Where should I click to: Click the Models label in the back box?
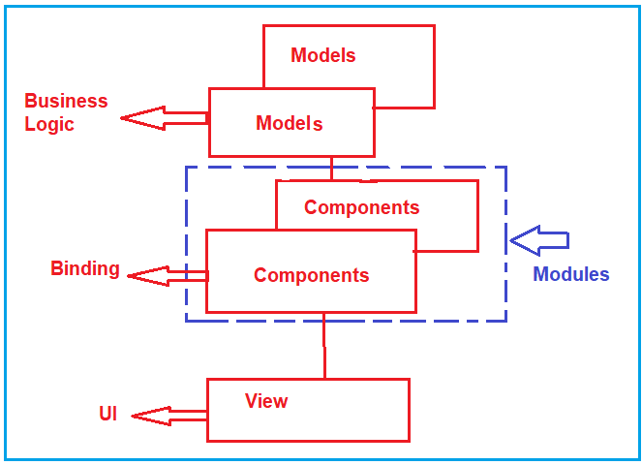coord(322,55)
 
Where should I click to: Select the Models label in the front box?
coord(289,123)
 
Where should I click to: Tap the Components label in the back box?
coord(361,207)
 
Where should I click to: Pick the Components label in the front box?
coord(311,275)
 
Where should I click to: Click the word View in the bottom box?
coord(266,400)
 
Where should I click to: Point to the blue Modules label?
coord(571,274)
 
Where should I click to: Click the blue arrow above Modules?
coord(539,239)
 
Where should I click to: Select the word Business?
coord(66,101)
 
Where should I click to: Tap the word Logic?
coord(48,124)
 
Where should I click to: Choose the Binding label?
coord(85,268)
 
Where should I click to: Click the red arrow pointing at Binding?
coord(167,276)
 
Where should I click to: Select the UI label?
coord(107,414)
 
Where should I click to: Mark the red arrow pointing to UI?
coord(168,416)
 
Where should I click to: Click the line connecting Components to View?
coord(324,346)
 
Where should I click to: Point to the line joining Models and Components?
coord(331,168)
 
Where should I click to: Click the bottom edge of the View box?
coord(308,441)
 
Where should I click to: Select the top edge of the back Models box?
coord(349,25)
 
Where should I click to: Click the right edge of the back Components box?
coord(477,215)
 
